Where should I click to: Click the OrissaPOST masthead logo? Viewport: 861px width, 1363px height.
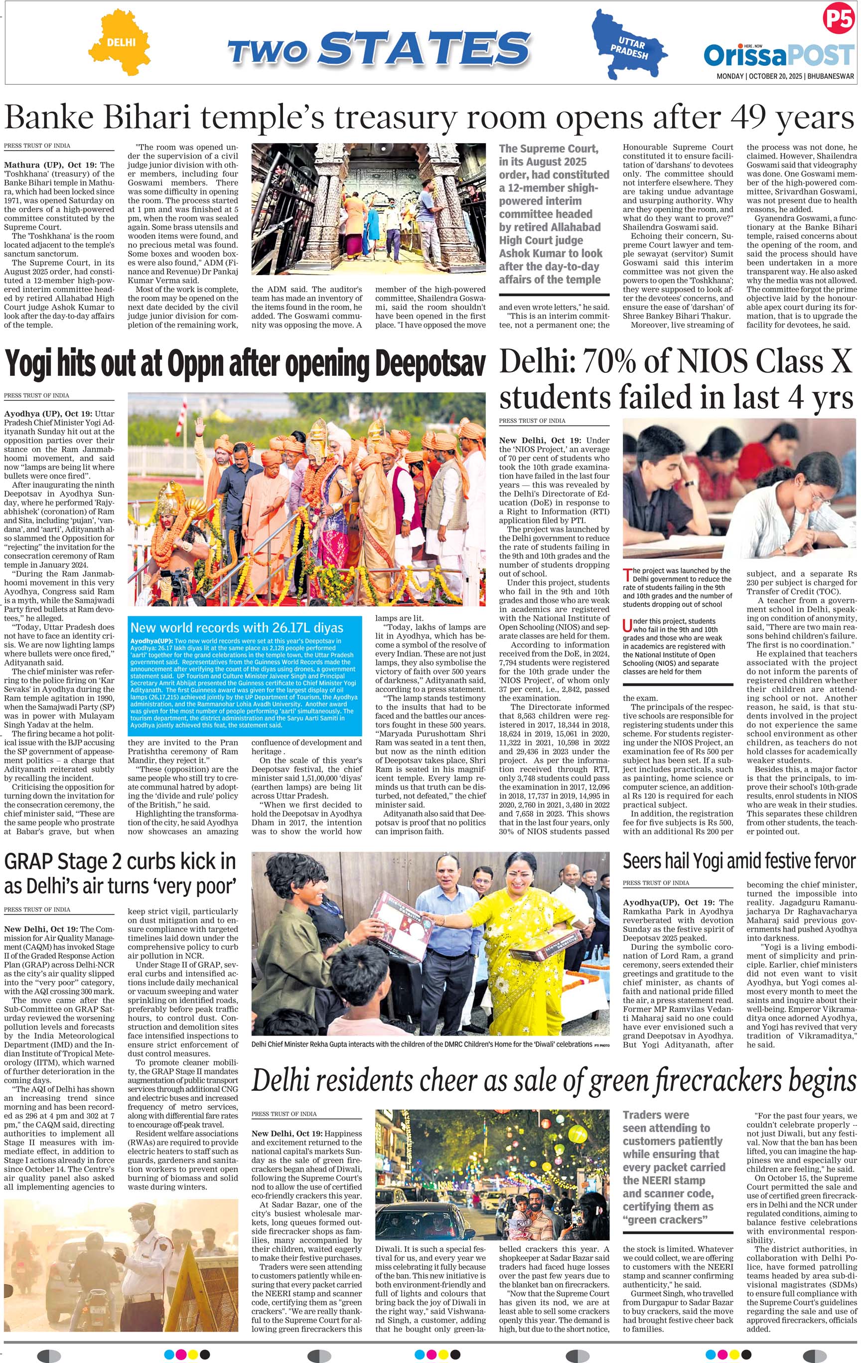(x=778, y=55)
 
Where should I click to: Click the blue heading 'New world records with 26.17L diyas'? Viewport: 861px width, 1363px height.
(x=237, y=627)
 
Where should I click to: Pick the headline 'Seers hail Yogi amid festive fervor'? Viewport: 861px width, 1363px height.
(x=739, y=861)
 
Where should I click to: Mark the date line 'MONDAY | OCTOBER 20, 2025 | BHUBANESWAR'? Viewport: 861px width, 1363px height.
(x=785, y=76)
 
